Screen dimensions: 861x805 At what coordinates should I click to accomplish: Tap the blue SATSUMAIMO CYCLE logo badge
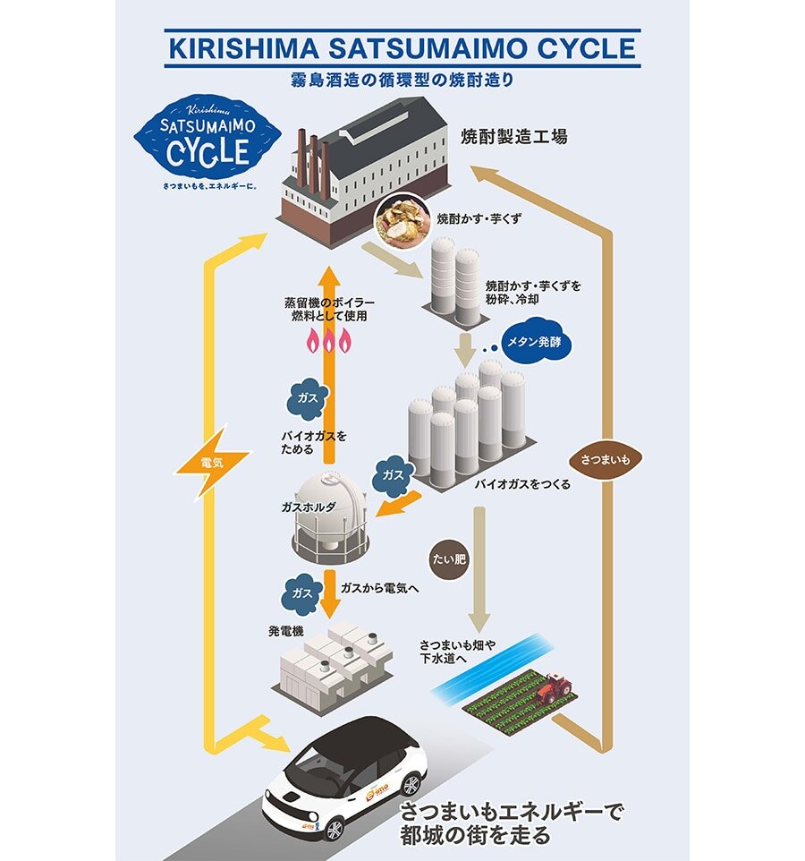(x=207, y=143)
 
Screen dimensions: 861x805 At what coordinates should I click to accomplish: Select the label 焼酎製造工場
(x=513, y=138)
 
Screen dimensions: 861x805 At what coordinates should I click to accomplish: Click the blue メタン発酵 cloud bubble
(x=535, y=344)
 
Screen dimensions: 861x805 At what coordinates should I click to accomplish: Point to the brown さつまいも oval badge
(x=612, y=459)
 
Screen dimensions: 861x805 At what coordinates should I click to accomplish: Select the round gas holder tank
(x=330, y=517)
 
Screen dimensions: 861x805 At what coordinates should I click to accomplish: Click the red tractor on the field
(x=555, y=688)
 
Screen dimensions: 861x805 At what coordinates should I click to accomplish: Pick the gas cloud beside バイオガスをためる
(x=308, y=397)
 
